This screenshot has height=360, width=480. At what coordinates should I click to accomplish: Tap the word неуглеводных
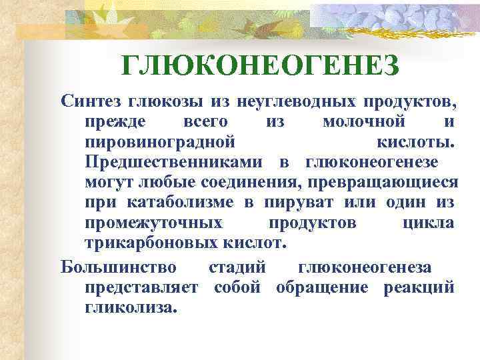[x=291, y=102]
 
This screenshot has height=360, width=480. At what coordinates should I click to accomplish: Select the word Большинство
[x=119, y=268]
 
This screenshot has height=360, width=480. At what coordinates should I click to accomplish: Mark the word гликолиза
[x=131, y=308]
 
